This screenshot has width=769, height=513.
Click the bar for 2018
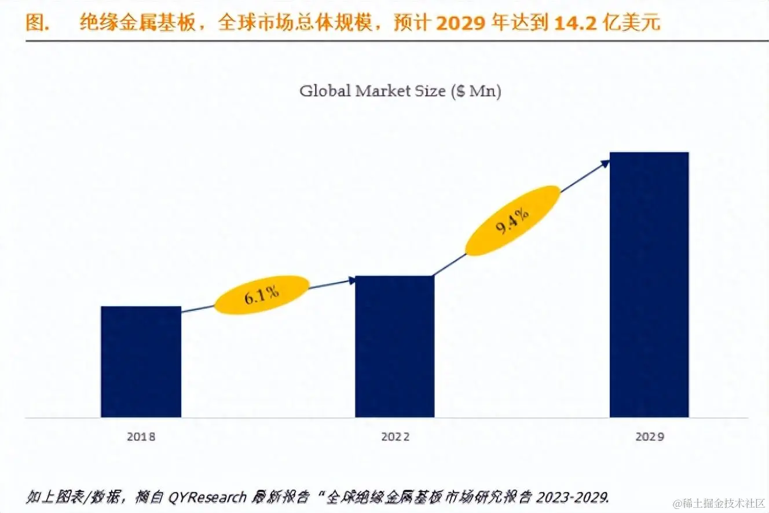pyautogui.click(x=141, y=361)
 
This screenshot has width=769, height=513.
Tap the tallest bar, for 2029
pyautogui.click(x=649, y=284)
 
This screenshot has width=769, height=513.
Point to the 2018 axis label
pyautogui.click(x=141, y=437)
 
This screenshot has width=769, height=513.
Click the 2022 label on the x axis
pyautogui.click(x=395, y=437)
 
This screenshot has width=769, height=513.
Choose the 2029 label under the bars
pyautogui.click(x=649, y=437)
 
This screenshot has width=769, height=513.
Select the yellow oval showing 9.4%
pyautogui.click(x=512, y=220)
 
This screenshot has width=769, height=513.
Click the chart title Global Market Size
pyautogui.click(x=373, y=91)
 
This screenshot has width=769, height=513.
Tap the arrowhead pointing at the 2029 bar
pyautogui.click(x=605, y=163)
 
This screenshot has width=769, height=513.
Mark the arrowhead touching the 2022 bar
pyautogui.click(x=351, y=280)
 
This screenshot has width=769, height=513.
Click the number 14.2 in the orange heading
pyautogui.click(x=574, y=23)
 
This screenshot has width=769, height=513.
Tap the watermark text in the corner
pyautogui.click(x=719, y=503)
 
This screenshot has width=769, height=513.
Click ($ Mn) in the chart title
pyautogui.click(x=475, y=91)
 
